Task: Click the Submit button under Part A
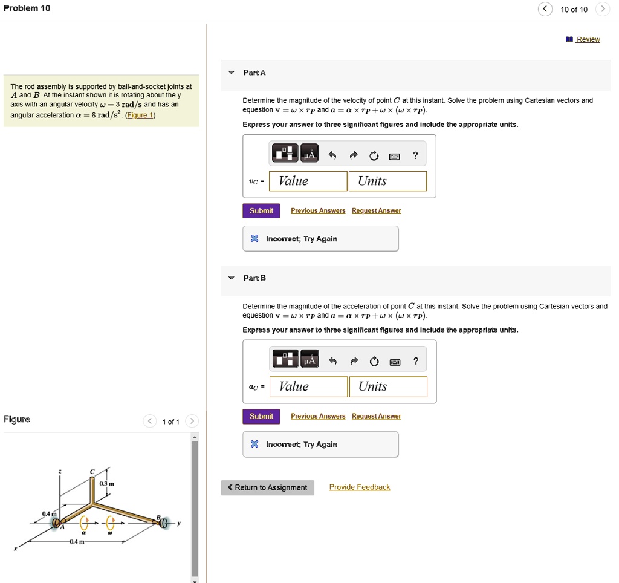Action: click(261, 210)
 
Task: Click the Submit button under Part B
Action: click(261, 416)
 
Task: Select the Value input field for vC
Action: click(308, 181)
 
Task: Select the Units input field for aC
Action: click(387, 386)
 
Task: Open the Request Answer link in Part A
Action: click(376, 210)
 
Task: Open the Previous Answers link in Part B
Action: click(318, 416)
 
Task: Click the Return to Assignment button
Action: click(267, 487)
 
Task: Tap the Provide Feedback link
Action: click(360, 487)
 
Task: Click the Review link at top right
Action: click(588, 39)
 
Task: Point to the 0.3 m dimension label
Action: click(106, 484)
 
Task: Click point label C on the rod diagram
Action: click(92, 472)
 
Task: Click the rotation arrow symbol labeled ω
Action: click(110, 523)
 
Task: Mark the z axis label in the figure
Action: click(59, 471)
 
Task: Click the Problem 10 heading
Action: click(27, 8)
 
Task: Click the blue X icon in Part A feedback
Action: click(254, 239)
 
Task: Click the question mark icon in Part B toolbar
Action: click(415, 361)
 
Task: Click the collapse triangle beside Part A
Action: click(231, 73)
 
